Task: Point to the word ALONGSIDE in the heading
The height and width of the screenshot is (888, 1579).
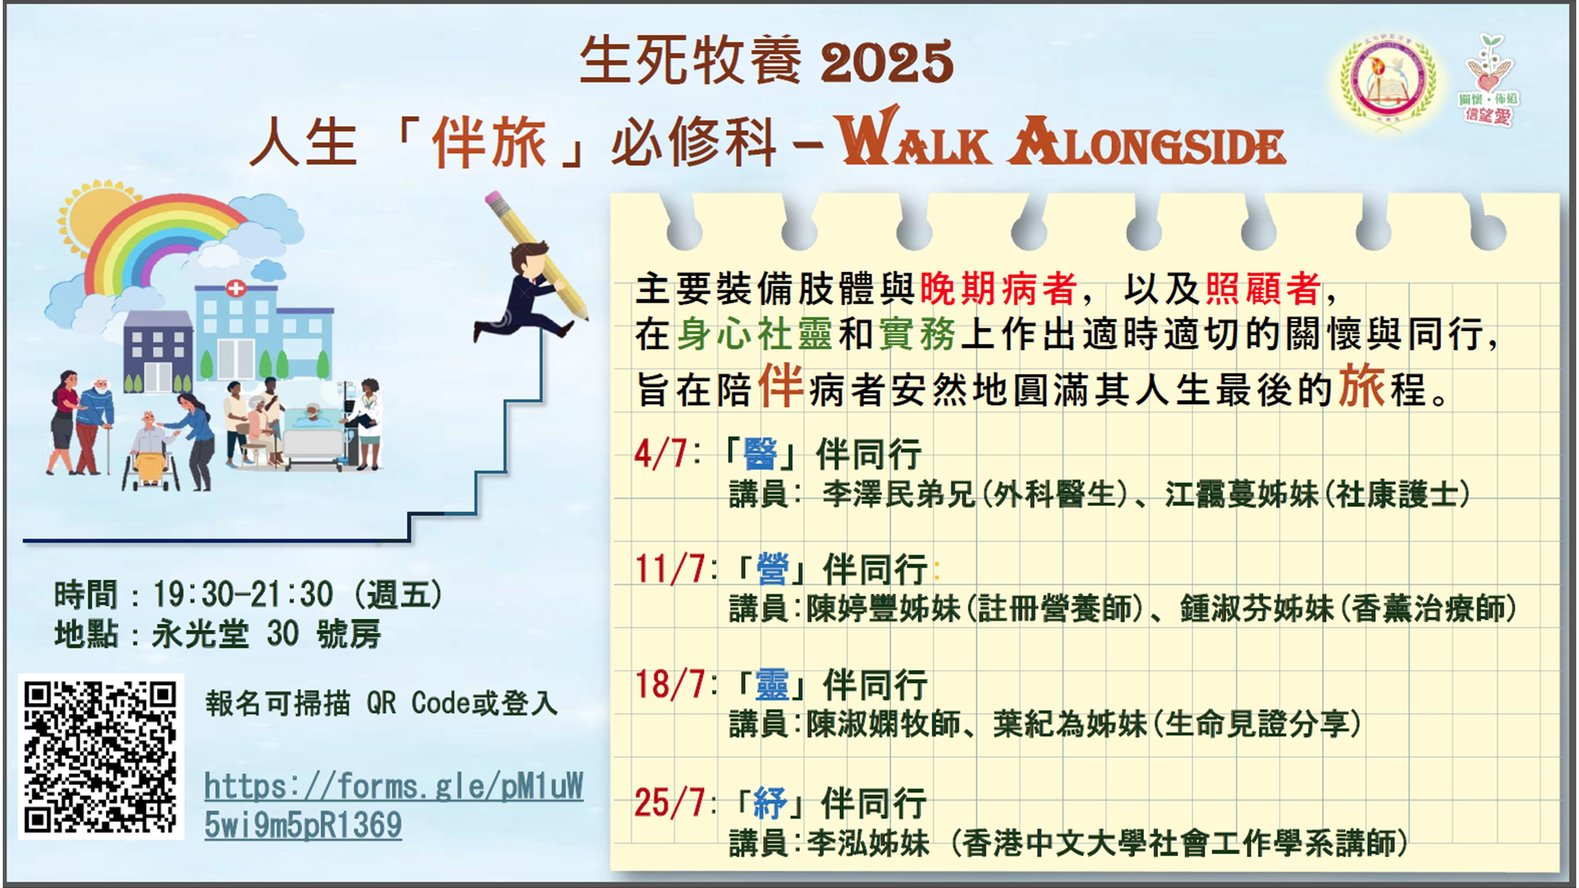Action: pos(1146,141)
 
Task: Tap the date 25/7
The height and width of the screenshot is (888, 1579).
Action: pos(669,802)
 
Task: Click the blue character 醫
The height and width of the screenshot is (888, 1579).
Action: pos(760,454)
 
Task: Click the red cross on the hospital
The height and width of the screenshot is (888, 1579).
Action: pos(236,288)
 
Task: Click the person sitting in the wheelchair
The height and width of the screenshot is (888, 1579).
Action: pos(150,450)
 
